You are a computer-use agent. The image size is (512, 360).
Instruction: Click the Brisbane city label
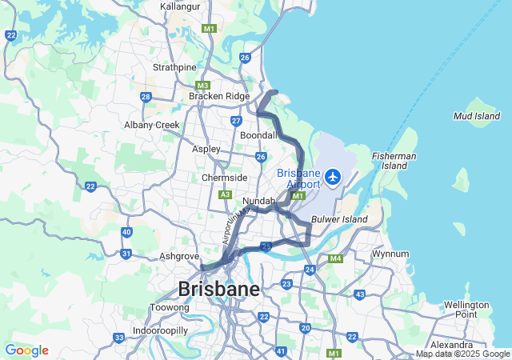click(x=218, y=289)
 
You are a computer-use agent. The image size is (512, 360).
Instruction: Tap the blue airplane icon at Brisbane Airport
click(x=333, y=176)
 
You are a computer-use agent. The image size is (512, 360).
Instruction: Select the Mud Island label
click(x=477, y=116)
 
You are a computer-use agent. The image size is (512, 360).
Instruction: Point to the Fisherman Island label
click(x=394, y=161)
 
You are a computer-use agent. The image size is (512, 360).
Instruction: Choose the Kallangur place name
click(x=180, y=6)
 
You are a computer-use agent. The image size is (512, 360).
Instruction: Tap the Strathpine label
click(x=174, y=67)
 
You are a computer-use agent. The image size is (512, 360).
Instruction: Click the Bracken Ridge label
click(x=219, y=96)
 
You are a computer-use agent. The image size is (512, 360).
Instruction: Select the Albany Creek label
click(x=152, y=125)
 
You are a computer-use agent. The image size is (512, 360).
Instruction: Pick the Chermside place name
click(x=224, y=178)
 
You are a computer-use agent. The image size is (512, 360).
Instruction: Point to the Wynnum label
click(x=390, y=254)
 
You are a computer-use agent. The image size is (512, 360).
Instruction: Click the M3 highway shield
click(x=203, y=86)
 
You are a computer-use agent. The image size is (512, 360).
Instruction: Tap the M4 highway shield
click(x=335, y=258)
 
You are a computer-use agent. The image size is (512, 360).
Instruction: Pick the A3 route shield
click(x=226, y=194)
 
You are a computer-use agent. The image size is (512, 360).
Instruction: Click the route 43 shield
click(x=360, y=294)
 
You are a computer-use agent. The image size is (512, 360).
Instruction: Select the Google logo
click(x=26, y=350)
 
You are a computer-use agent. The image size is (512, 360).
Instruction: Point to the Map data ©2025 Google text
click(x=462, y=354)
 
